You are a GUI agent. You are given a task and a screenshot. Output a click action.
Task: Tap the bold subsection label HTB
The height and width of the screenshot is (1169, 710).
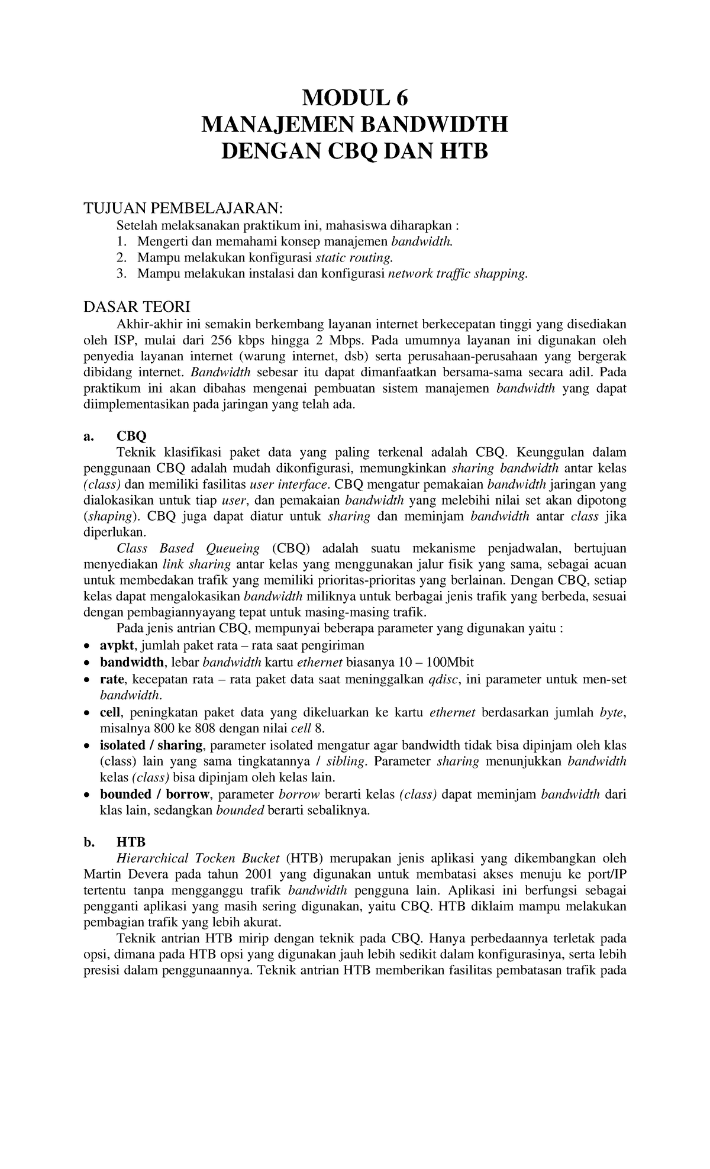(131, 842)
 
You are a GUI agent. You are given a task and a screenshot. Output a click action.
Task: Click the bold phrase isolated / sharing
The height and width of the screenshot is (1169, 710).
(151, 745)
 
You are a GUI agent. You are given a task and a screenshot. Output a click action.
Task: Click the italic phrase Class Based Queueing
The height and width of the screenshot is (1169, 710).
(188, 548)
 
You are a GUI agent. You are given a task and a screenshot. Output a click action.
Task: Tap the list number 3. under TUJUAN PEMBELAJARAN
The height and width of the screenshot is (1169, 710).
(122, 273)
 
